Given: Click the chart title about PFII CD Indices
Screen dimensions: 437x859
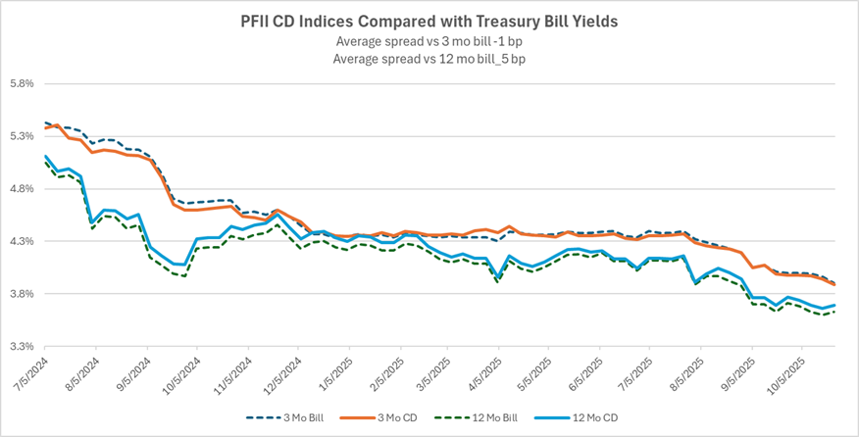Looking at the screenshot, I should pyautogui.click(x=429, y=21).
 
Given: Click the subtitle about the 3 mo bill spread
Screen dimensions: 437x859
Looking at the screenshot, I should pyautogui.click(x=429, y=41).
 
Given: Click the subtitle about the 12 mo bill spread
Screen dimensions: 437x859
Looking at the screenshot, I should pyautogui.click(x=429, y=59).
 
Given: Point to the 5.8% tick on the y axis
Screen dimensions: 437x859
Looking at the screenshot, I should pyautogui.click(x=22, y=84).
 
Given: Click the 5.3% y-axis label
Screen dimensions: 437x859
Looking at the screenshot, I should pyautogui.click(x=22, y=136).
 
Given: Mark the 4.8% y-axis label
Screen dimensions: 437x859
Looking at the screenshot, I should pyautogui.click(x=22, y=189).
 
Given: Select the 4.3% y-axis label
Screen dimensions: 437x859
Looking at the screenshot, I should pyautogui.click(x=22, y=241).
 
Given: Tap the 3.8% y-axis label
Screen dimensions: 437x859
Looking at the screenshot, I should pyautogui.click(x=22, y=294).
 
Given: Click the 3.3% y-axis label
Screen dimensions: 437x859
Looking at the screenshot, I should pyautogui.click(x=22, y=347).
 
